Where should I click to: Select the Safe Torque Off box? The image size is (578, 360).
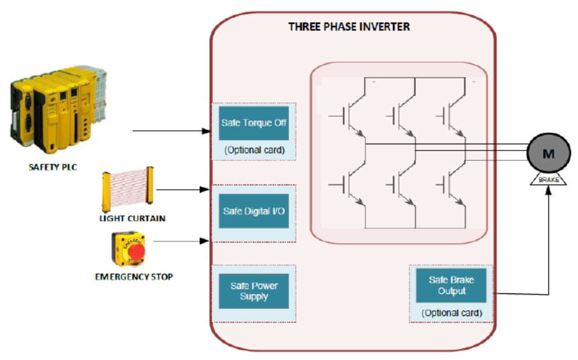[x=254, y=123]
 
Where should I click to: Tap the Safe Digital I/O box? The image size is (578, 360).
[x=254, y=211]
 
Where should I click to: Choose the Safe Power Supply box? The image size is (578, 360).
[x=254, y=291]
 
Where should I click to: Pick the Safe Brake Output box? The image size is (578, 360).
[x=451, y=285]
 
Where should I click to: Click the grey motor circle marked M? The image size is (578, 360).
[x=547, y=153]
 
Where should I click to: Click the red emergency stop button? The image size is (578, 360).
[x=136, y=251]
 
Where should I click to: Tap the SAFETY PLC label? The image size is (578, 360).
[x=53, y=168]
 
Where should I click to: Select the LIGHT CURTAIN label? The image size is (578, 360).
[x=132, y=218]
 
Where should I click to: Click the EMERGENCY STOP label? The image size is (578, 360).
[x=134, y=277]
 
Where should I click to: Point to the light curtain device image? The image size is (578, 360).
[x=128, y=188]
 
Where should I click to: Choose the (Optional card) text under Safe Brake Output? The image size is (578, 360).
[x=451, y=313]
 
